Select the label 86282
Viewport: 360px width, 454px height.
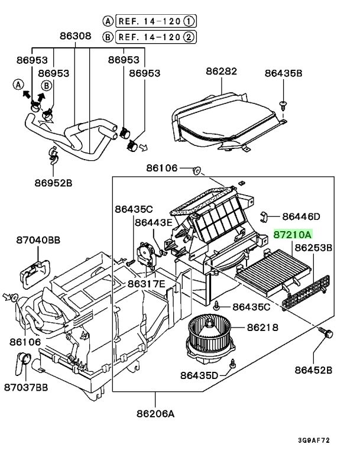coord(221,72)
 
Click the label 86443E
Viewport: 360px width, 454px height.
coord(153,222)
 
